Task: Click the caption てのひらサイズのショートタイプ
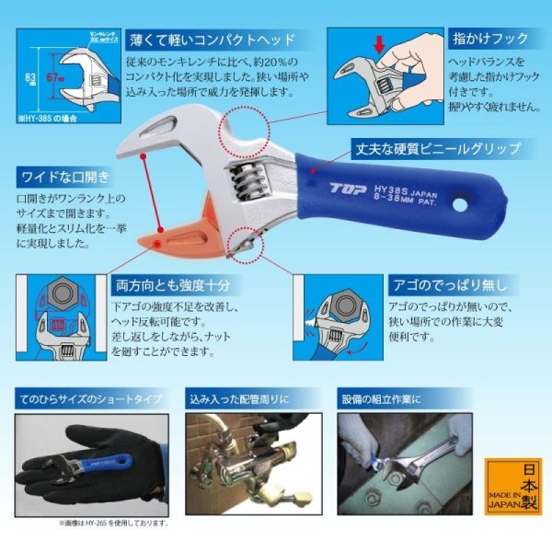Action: (x=89, y=399)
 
